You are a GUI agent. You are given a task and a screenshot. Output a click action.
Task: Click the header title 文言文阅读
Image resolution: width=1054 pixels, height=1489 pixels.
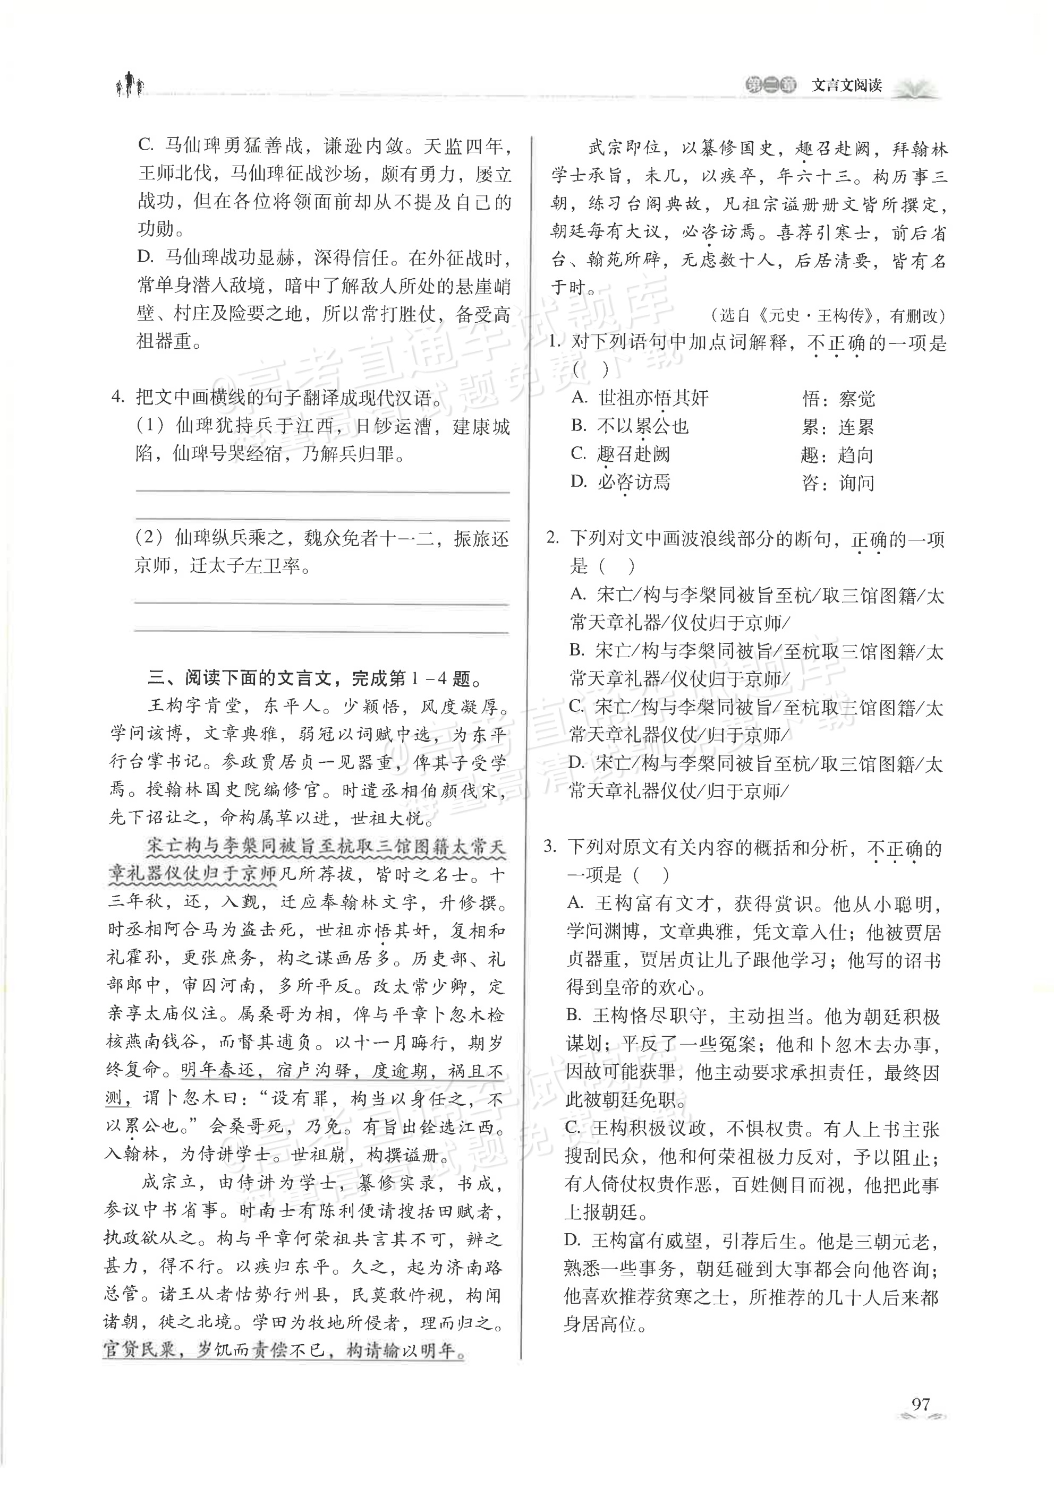[x=846, y=85]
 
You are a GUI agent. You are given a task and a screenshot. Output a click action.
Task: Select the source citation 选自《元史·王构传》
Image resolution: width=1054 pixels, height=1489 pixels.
[x=828, y=315]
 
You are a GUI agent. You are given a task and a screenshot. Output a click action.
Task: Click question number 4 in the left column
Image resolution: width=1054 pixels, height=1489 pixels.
[x=117, y=397]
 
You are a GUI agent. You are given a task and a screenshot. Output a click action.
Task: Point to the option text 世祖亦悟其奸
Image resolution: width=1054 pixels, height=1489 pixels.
[x=653, y=398]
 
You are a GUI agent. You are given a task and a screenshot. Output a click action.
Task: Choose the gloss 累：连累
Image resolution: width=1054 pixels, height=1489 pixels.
[x=838, y=427]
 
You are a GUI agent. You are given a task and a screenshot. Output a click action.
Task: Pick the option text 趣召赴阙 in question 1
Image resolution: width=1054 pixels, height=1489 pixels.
[x=633, y=454]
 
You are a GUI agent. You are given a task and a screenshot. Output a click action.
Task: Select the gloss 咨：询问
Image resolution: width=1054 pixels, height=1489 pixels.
[x=838, y=483]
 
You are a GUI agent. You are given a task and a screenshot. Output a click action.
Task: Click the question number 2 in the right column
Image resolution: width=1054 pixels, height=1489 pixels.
[x=552, y=538]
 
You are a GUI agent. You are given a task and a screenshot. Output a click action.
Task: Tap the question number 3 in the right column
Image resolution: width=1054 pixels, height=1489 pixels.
[x=551, y=847]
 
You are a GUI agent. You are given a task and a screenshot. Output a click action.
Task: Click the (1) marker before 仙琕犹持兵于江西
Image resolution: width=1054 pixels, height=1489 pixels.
[x=150, y=426]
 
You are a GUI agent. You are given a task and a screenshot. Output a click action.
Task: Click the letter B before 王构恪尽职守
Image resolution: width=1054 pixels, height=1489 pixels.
[x=573, y=1015]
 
